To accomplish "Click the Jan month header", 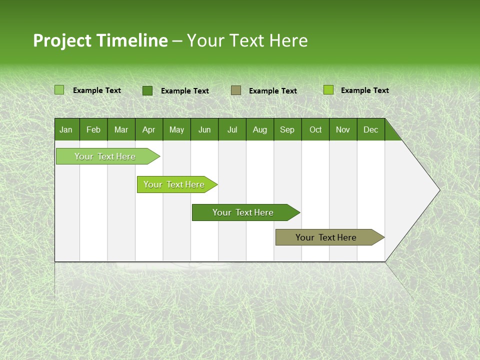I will [66, 129].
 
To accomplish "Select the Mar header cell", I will [121, 129].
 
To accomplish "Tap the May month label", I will [176, 129].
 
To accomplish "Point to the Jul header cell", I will [232, 129].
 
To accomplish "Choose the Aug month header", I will [259, 129].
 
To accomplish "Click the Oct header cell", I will [315, 129].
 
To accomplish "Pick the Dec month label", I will [370, 129].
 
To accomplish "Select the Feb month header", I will [93, 129].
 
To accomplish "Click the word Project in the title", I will [62, 40].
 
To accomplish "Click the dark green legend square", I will [147, 90].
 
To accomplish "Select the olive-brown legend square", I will [236, 90].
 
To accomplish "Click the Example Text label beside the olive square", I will [272, 91].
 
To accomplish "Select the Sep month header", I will [287, 129].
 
